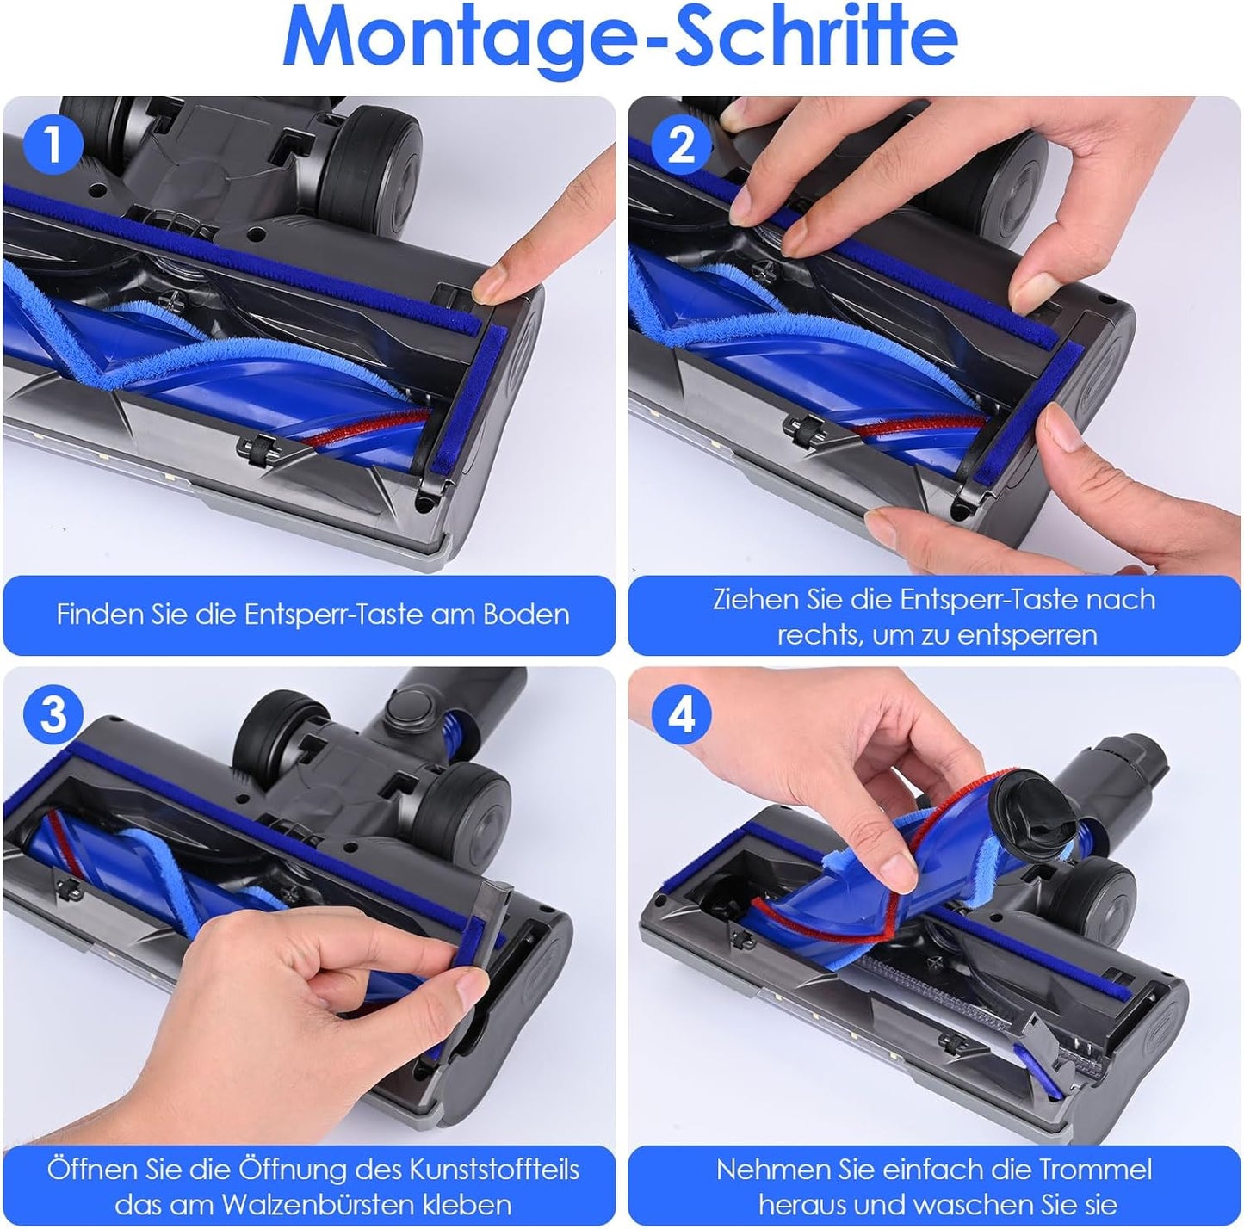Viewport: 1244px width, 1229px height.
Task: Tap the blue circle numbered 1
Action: coord(53,145)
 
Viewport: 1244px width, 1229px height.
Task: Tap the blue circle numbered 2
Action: coord(681,145)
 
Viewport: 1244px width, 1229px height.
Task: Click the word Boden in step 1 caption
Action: coord(526,614)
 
